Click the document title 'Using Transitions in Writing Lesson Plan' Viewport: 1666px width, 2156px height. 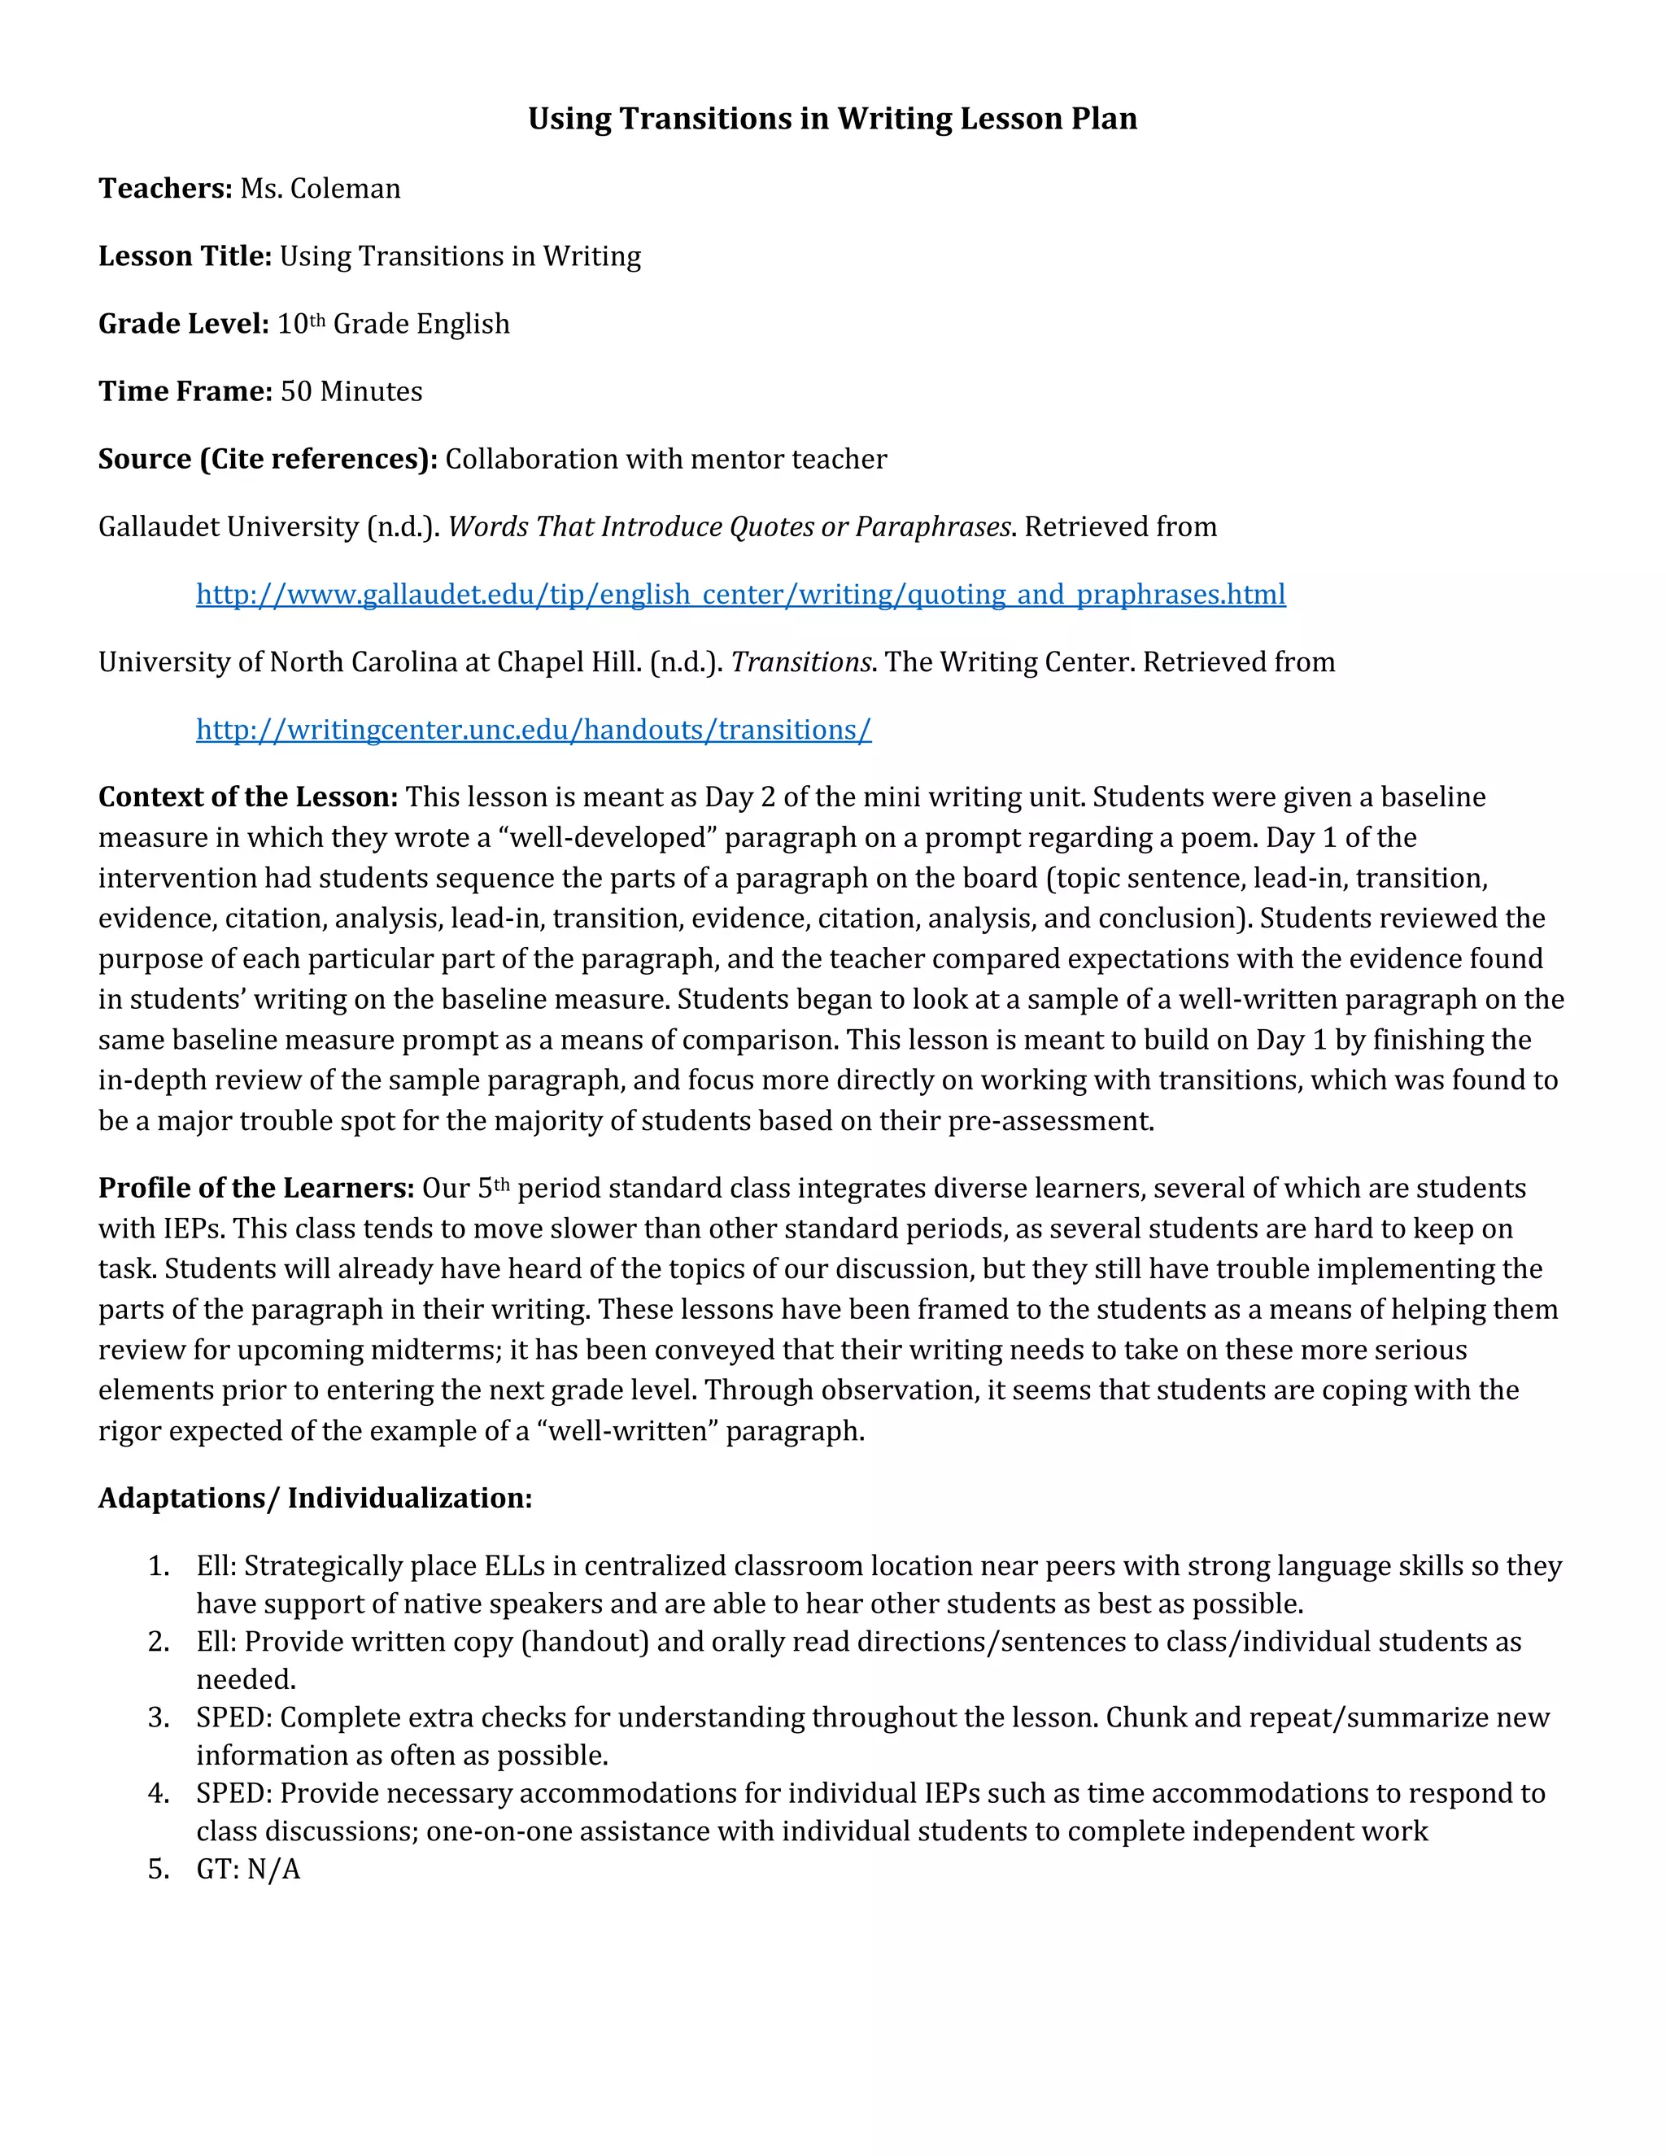point(832,119)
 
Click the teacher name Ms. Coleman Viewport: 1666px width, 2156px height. point(321,189)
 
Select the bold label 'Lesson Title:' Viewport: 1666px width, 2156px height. point(185,256)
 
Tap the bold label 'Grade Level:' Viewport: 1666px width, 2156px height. point(184,324)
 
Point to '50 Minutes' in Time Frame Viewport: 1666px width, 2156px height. point(351,392)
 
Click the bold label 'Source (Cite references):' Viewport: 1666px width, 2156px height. point(268,459)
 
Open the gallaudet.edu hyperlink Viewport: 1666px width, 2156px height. point(740,594)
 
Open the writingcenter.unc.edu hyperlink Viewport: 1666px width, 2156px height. point(533,730)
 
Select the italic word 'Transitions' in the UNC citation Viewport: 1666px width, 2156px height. point(800,662)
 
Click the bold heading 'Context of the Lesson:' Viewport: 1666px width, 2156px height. point(248,796)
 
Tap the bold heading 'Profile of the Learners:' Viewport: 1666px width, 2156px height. point(255,1188)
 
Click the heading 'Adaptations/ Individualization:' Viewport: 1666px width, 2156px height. point(315,1498)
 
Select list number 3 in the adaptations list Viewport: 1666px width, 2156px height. point(159,1717)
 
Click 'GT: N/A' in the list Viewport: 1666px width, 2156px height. point(248,1869)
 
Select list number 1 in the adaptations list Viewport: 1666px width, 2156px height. point(159,1565)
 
